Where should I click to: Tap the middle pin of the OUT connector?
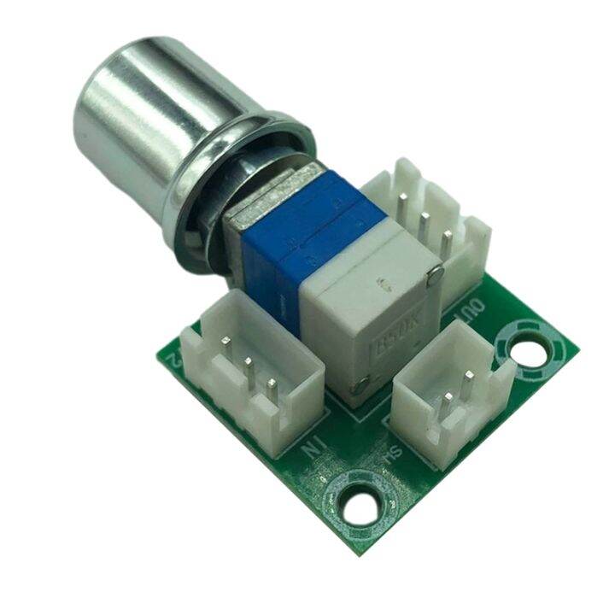(425, 224)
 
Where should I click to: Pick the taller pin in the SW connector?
(468, 377)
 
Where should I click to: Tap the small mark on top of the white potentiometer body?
(380, 281)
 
